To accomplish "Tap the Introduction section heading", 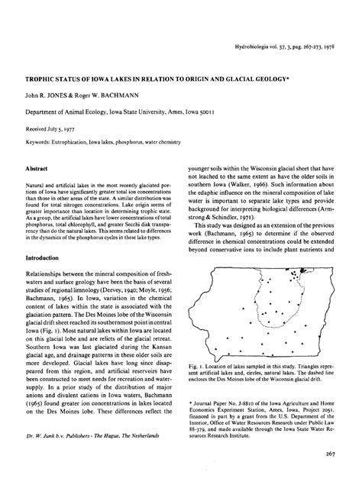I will point(45,258).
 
